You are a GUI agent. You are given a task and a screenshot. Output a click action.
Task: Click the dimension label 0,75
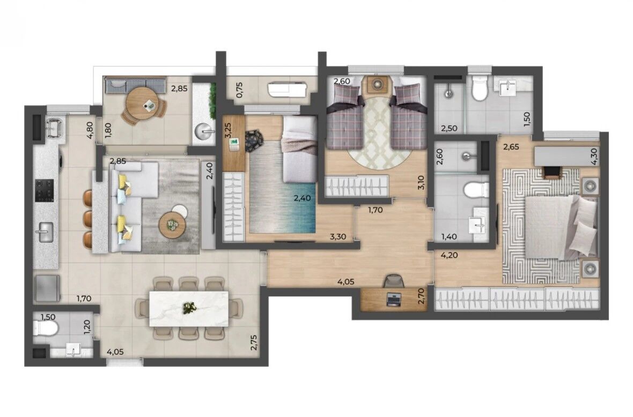coord(240,90)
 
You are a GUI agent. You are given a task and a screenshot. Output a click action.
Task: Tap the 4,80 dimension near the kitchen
coord(90,130)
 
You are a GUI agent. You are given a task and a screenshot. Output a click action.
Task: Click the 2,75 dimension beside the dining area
coord(254,342)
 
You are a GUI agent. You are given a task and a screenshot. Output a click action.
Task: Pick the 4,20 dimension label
coord(450,255)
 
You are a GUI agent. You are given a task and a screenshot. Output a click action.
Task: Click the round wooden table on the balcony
coord(140,103)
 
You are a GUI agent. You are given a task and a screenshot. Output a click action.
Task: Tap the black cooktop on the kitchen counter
coord(45,190)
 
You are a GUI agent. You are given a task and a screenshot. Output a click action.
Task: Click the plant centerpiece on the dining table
coord(188,308)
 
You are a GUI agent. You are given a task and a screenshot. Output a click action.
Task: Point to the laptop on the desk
coord(393,300)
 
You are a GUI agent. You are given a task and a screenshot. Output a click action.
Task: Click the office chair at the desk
coord(394,280)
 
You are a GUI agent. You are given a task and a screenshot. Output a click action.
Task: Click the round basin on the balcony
coord(205,131)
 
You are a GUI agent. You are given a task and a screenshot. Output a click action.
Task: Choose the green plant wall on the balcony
coord(211,98)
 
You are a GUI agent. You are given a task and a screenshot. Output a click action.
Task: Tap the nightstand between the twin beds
coord(377,85)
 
